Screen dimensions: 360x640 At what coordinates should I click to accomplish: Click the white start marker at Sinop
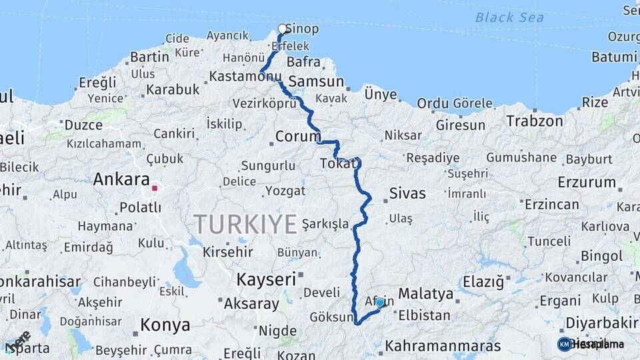coord(283,29)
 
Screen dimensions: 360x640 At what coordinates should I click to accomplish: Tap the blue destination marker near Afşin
coord(380,303)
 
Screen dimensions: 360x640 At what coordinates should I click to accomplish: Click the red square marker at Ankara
coord(155,189)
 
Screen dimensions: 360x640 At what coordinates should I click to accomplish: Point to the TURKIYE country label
coord(245,224)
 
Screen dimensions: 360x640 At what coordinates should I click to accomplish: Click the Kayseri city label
coord(265,279)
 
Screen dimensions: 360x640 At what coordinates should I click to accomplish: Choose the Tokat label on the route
coord(335,163)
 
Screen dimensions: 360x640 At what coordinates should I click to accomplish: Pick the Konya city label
coord(165,325)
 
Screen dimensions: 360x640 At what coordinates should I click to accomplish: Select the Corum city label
coord(298,137)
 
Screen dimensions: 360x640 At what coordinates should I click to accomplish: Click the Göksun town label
coord(331,317)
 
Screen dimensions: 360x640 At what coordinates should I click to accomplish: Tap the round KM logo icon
coord(564,344)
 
